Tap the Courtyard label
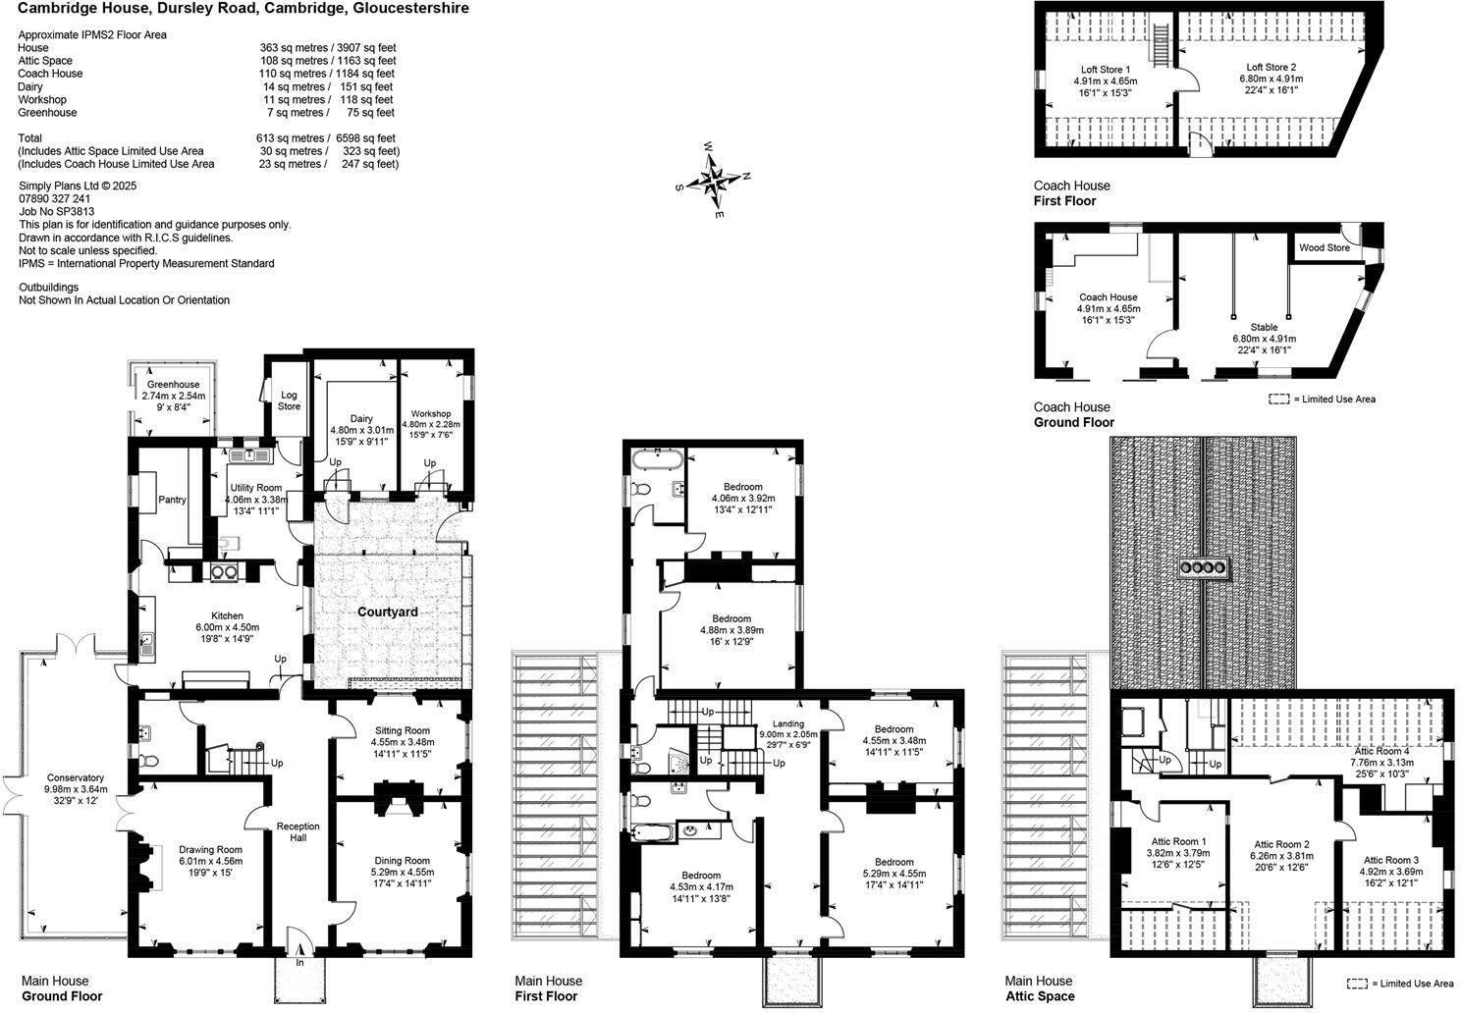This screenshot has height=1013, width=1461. pyautogui.click(x=387, y=612)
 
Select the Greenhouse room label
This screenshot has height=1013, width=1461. pyautogui.click(x=174, y=385)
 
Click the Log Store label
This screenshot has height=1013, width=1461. pyautogui.click(x=289, y=400)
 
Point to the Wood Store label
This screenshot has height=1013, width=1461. pyautogui.click(x=1325, y=248)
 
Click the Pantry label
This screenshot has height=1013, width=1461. pyautogui.click(x=172, y=501)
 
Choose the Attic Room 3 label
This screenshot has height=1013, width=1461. pyautogui.click(x=1390, y=860)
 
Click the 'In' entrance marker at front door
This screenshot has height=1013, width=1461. pyautogui.click(x=299, y=963)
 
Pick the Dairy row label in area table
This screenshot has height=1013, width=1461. pyautogui.click(x=30, y=86)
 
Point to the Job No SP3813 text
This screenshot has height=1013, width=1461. pyautogui.click(x=57, y=211)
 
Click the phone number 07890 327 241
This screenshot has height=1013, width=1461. pyautogui.click(x=55, y=198)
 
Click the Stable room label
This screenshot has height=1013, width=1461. pyautogui.click(x=1264, y=327)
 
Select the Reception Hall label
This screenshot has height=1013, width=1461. pyautogui.click(x=298, y=832)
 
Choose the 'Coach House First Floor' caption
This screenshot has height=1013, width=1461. pyautogui.click(x=1071, y=193)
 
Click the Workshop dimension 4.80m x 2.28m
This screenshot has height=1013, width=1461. pyautogui.click(x=430, y=424)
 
